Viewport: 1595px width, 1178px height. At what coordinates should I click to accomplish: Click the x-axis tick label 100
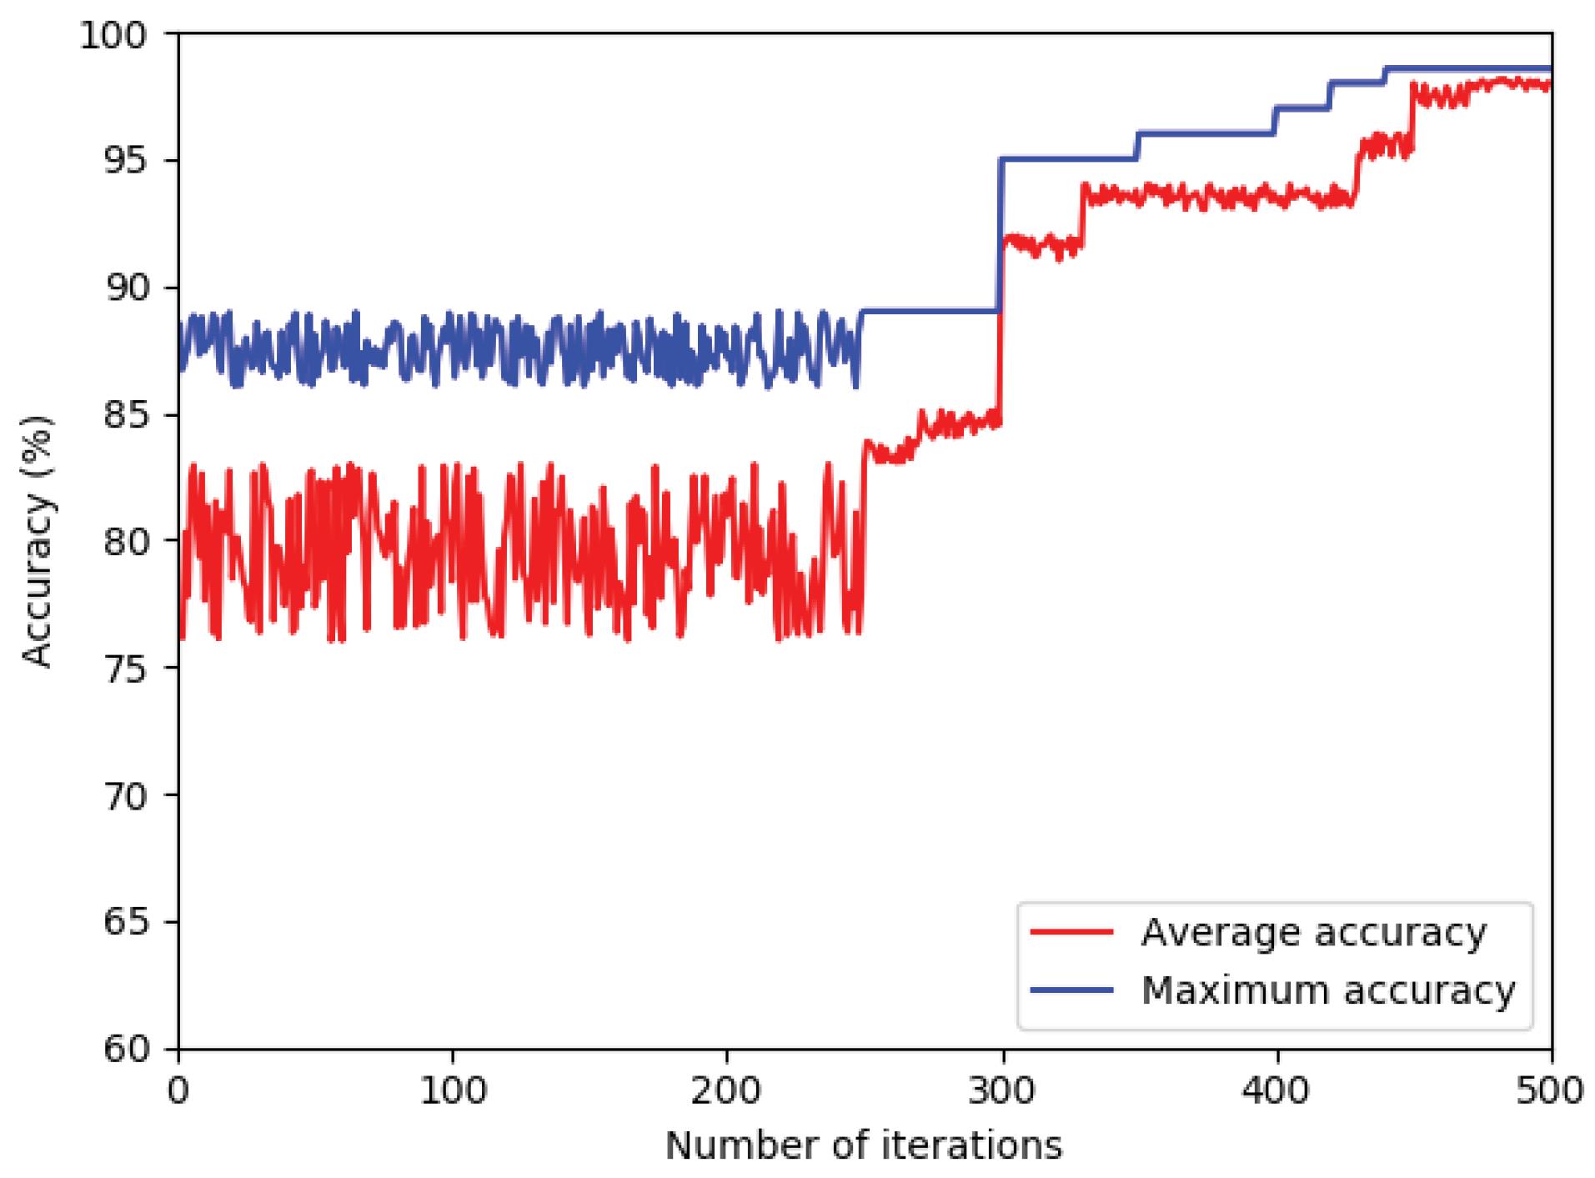453,1091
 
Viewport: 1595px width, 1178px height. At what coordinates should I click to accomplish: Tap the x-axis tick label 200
727,1091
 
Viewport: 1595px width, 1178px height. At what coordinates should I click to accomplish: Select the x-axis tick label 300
1002,1091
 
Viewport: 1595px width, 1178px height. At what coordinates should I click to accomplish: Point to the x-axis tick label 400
1277,1091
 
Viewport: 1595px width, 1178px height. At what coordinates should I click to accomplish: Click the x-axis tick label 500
1549,1091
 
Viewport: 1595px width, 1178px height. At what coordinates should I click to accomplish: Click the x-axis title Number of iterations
864,1146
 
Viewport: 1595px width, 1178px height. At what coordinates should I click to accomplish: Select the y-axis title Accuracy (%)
38,542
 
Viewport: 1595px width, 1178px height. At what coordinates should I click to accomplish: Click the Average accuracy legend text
1313,933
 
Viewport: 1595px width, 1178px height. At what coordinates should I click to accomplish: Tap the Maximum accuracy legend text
1327,991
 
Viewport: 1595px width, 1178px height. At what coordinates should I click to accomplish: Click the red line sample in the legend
1071,932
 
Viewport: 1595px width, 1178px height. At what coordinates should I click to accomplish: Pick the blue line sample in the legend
1071,990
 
